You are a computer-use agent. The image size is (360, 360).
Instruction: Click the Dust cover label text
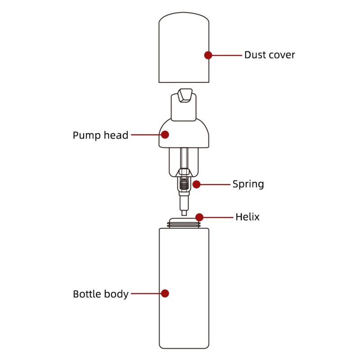[270, 55]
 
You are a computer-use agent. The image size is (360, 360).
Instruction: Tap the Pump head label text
[100, 135]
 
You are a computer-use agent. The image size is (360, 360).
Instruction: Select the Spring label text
[248, 184]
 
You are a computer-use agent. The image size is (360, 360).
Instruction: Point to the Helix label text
[247, 217]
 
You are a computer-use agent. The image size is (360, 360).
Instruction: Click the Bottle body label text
[101, 294]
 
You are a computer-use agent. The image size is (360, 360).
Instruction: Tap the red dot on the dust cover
[208, 55]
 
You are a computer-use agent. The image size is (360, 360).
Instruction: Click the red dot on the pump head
[165, 135]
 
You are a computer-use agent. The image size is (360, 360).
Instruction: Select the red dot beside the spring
[197, 184]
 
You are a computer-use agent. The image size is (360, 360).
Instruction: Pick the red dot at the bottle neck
[199, 217]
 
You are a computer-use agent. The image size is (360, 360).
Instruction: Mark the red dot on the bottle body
[165, 293]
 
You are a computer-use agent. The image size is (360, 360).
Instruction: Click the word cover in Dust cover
[282, 55]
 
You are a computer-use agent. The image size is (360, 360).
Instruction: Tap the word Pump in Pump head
[85, 135]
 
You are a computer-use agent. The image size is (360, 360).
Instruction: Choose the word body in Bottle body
[117, 294]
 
